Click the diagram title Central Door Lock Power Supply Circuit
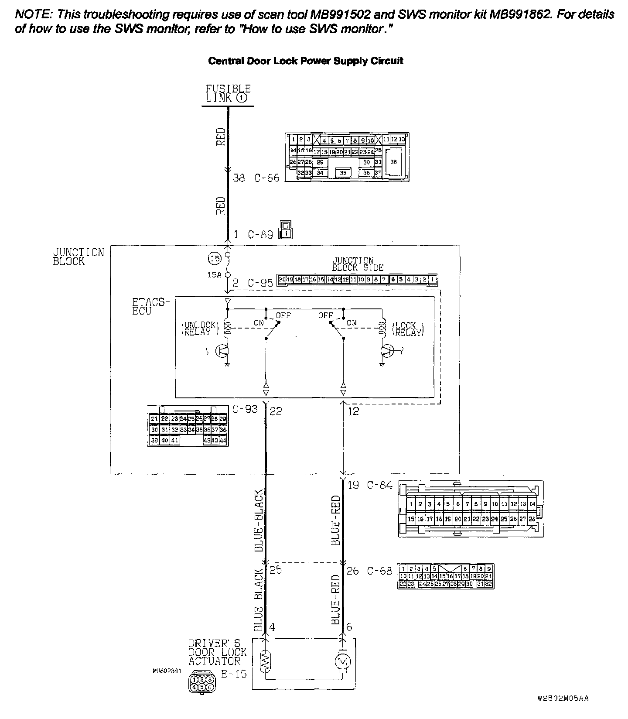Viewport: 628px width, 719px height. tap(305, 61)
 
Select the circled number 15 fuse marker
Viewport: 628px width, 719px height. tap(214, 259)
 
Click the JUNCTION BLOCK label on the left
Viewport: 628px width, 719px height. tap(78, 257)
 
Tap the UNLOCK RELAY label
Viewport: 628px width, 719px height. tap(198, 329)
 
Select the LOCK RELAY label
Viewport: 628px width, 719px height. tap(408, 329)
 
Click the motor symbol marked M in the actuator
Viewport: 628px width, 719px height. tap(342, 662)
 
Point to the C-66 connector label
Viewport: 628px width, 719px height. tap(267, 178)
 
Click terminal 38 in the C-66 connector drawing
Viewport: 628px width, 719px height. tap(394, 162)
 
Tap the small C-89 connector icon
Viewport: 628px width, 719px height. tap(286, 230)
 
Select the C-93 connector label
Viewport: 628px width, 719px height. tap(245, 409)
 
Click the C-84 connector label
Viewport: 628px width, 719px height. tap(379, 485)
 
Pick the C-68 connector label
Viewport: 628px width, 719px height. tap(379, 571)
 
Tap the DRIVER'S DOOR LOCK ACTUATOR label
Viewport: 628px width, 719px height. tap(217, 652)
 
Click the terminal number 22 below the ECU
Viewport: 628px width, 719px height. tap(276, 411)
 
